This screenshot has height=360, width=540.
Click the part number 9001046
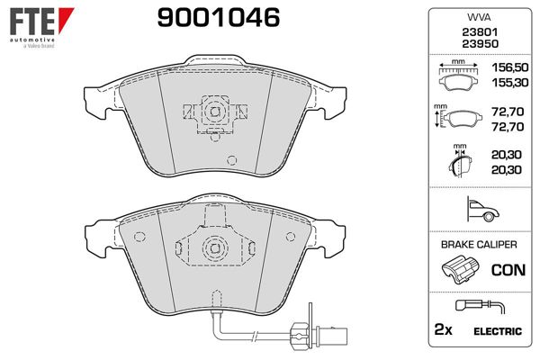tap(219, 18)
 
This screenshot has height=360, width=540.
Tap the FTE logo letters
tap(32, 22)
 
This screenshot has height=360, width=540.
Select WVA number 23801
tap(480, 32)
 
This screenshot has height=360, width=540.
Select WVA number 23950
tap(480, 44)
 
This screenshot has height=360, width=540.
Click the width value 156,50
tap(509, 67)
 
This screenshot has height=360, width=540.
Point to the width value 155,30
tap(509, 83)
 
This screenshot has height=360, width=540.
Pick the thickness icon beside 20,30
tap(460, 161)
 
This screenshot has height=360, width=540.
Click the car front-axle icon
tap(482, 209)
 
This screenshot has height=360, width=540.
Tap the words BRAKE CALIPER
tap(479, 245)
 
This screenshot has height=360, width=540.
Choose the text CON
tap(508, 270)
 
